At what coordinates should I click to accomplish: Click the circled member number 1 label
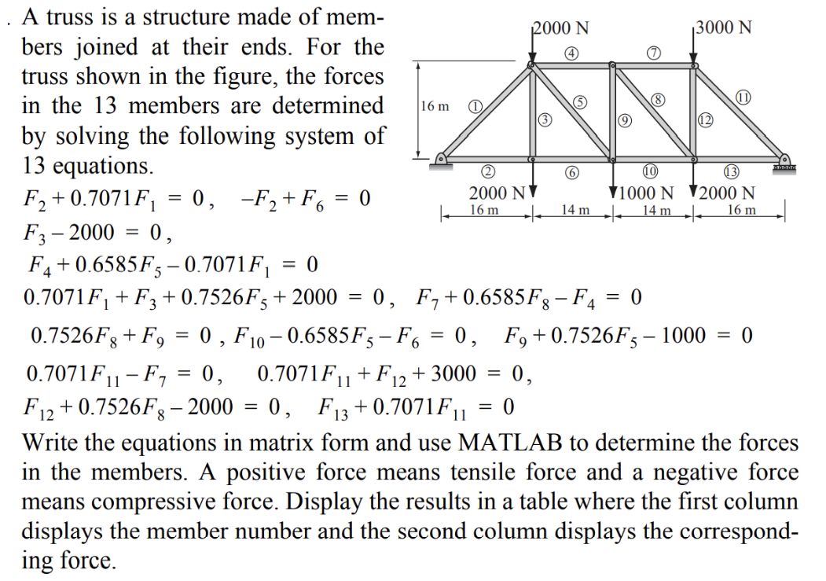(475, 106)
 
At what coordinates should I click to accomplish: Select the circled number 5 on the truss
(579, 103)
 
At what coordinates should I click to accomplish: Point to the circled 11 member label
(742, 97)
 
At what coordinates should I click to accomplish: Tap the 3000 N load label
(724, 28)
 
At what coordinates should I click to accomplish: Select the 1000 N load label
(648, 193)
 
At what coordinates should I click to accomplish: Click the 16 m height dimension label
(435, 106)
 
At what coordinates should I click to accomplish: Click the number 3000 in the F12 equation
(454, 375)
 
